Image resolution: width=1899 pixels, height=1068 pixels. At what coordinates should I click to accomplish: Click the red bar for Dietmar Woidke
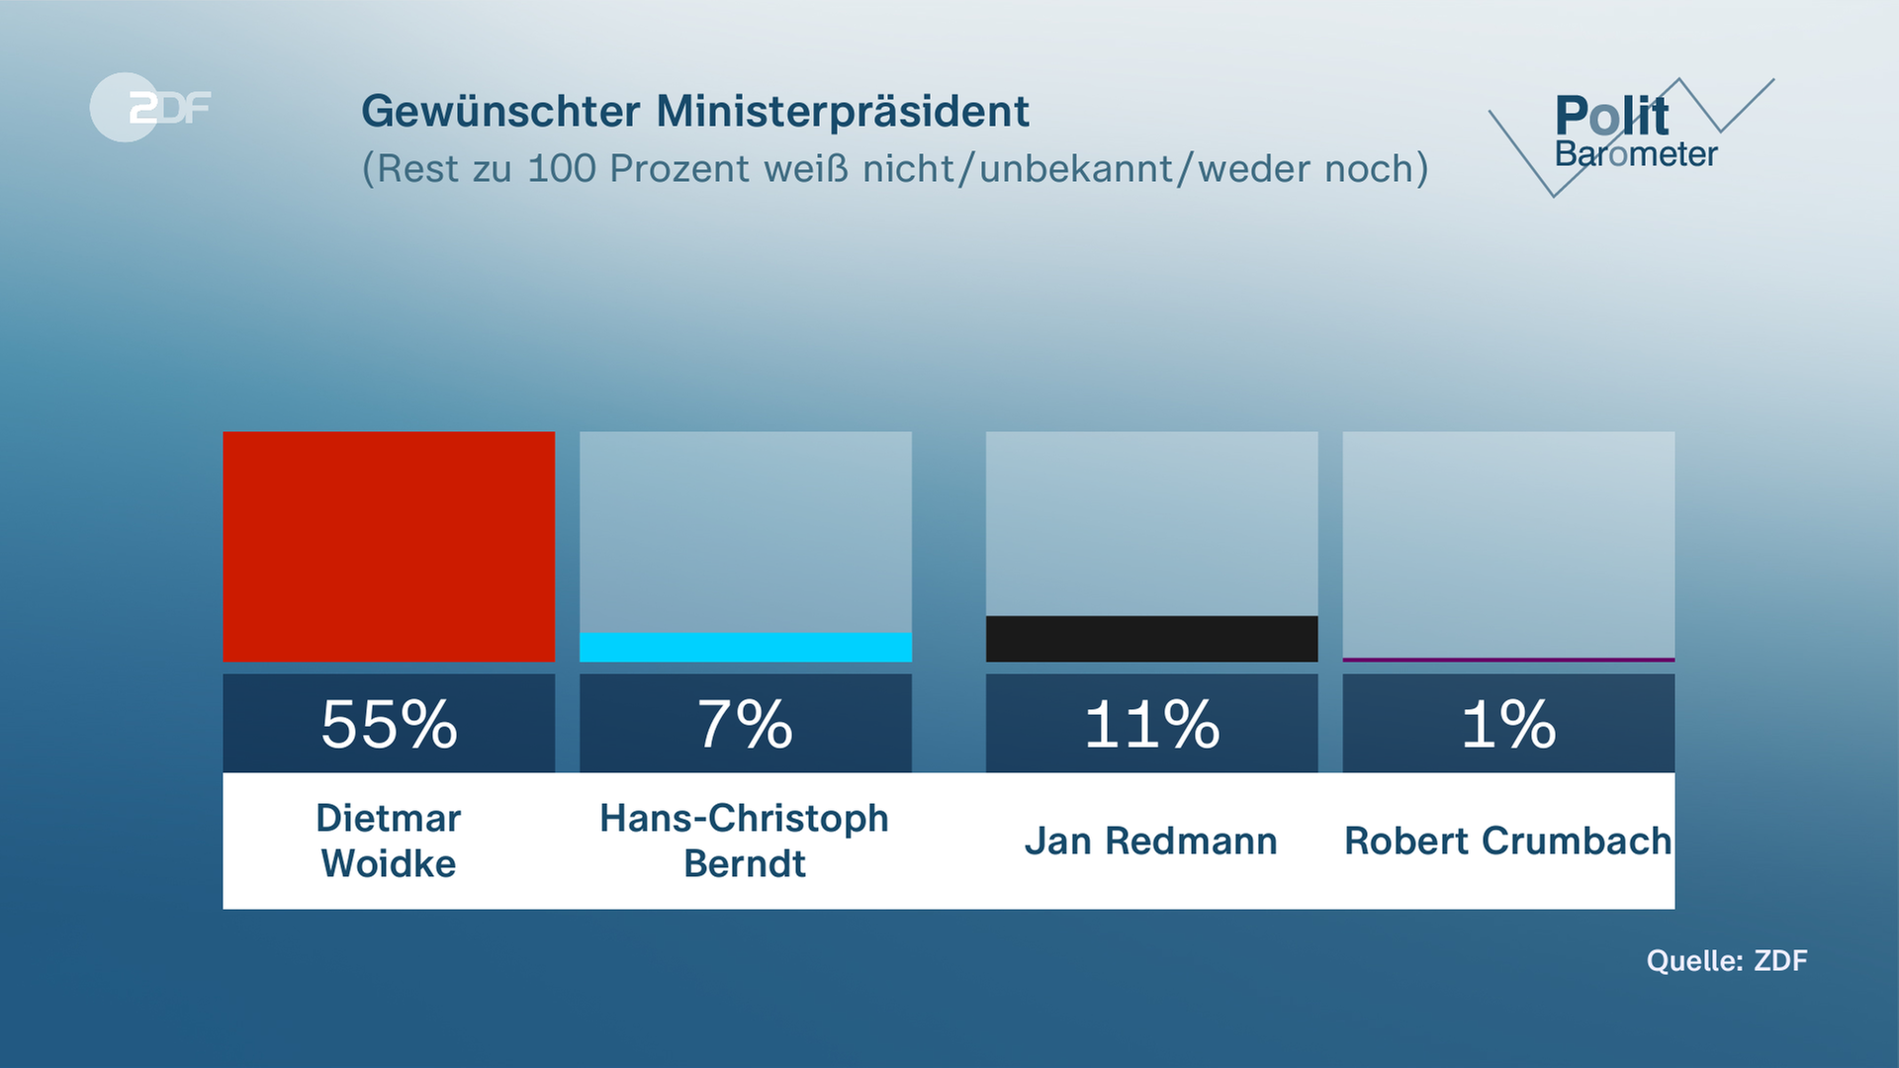389,546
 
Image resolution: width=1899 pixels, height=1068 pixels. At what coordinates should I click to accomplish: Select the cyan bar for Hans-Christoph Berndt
746,648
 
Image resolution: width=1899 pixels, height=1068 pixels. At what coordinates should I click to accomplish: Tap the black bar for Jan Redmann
1151,639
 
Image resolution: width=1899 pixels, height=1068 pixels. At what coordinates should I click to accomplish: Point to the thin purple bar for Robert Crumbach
1508,660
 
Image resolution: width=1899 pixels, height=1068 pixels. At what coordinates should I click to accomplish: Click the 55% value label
389,724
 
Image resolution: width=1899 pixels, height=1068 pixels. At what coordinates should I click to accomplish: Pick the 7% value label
746,724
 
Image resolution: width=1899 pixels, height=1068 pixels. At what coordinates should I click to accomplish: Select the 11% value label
1151,724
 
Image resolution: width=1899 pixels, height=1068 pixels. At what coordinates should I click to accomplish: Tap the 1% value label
1508,724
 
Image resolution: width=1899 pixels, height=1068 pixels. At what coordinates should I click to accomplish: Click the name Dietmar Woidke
389,841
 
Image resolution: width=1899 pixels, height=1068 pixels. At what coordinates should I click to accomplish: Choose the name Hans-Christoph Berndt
745,841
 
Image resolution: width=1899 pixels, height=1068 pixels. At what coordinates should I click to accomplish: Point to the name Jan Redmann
1151,842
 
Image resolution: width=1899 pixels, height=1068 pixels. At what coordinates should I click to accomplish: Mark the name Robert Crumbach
1508,842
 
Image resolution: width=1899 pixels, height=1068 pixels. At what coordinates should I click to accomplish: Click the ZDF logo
150,107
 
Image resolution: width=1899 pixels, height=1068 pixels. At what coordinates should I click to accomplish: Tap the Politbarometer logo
1632,133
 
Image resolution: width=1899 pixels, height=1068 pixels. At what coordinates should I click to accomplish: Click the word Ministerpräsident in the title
843,112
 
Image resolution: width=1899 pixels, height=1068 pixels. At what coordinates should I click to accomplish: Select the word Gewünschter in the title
500,112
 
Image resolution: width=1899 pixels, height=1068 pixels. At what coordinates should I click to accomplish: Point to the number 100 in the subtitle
562,169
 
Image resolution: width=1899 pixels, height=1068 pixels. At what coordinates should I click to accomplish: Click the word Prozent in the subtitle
679,169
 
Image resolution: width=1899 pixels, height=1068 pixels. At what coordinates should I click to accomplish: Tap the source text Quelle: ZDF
1727,960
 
